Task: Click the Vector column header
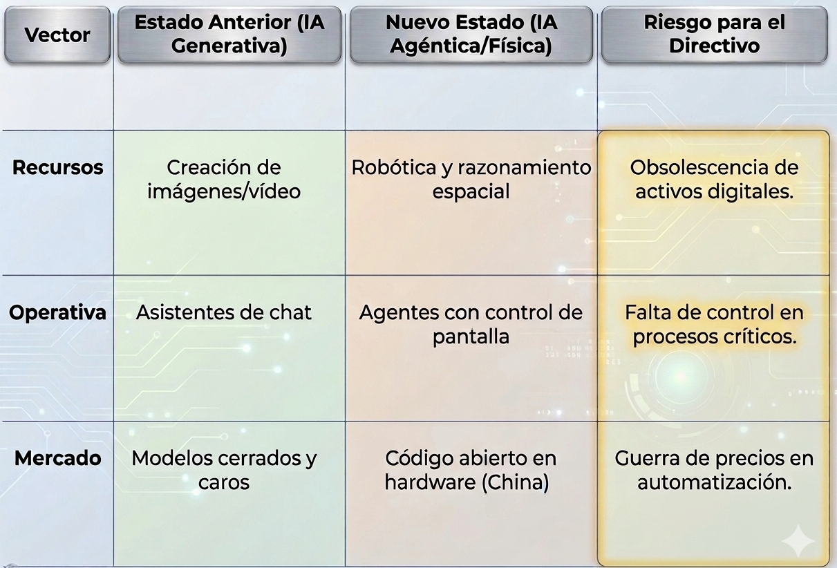tap(57, 35)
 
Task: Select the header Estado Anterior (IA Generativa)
tap(229, 34)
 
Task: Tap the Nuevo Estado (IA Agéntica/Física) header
tap(471, 34)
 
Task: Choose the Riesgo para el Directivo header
tap(714, 34)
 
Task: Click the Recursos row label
tap(58, 167)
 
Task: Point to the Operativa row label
tap(58, 312)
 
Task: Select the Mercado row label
tap(58, 457)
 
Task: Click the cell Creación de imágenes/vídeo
tap(224, 179)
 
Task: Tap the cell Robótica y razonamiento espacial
tap(471, 179)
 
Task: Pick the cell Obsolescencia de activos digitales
tap(714, 179)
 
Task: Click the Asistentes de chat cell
tap(224, 312)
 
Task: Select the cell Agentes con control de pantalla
tap(471, 324)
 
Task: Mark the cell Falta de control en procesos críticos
tap(714, 324)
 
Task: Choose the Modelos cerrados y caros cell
tap(224, 470)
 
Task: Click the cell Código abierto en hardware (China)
tap(471, 470)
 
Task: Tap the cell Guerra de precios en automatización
tap(714, 470)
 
